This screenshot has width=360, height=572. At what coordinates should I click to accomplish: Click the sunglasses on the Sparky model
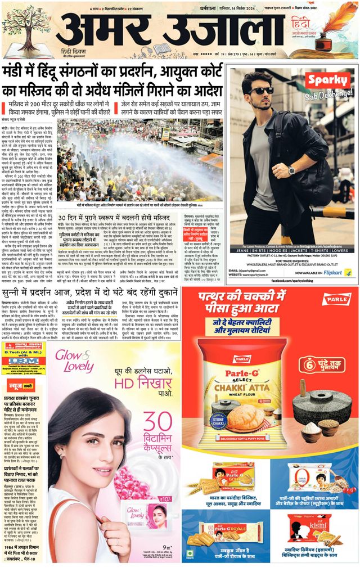tap(263, 91)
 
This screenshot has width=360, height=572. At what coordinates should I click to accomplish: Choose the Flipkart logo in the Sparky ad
tap(336, 272)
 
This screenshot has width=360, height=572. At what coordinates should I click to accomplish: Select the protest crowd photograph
tap(141, 164)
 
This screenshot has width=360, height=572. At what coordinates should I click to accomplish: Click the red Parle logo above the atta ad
tap(336, 300)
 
